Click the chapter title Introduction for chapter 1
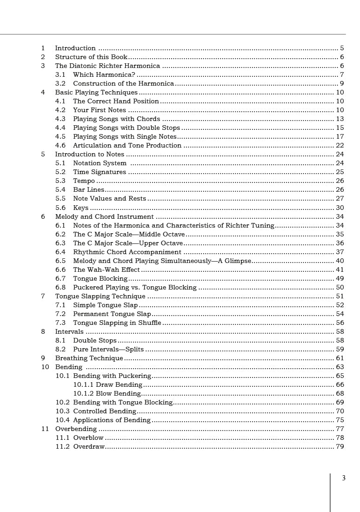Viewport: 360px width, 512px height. click(75, 48)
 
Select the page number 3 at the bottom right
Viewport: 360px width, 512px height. click(344, 478)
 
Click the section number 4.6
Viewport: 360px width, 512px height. click(60, 145)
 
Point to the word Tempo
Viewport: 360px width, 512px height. click(84, 181)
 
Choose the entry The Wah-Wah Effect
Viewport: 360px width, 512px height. click(107, 269)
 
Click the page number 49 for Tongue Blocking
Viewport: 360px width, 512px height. click(340, 278)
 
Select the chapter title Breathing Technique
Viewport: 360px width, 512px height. click(89, 358)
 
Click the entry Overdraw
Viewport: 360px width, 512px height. click(89, 446)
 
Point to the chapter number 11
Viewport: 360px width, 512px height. click(45, 429)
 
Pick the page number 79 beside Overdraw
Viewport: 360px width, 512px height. click(340, 446)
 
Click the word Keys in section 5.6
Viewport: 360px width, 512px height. click(81, 208)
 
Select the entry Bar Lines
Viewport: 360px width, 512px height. click(88, 189)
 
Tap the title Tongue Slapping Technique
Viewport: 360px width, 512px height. click(100, 296)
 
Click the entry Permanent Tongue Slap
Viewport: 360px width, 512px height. click(112, 314)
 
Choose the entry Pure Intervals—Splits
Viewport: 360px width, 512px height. click(108, 349)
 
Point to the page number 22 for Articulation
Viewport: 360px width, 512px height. click(340, 145)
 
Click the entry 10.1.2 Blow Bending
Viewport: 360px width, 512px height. click(107, 393)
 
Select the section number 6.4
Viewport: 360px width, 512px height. click(60, 252)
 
